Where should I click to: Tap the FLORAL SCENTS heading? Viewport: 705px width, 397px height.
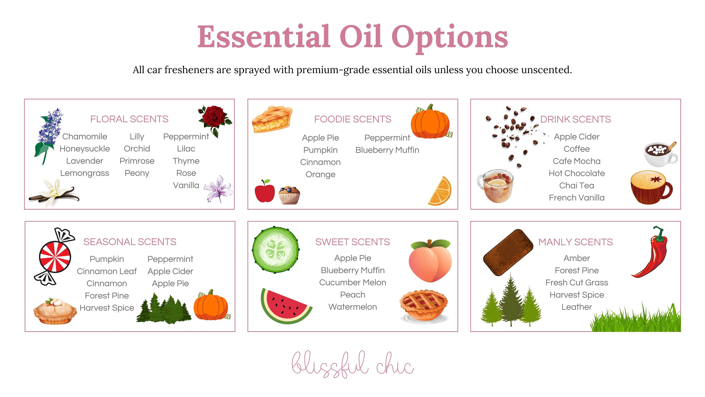(x=129, y=119)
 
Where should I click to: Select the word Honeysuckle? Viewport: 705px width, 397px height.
(x=85, y=149)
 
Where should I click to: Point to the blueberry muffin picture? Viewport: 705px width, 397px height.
(x=289, y=195)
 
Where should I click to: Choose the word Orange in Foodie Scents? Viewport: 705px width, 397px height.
(x=320, y=175)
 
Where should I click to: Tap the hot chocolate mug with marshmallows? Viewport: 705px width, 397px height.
(x=660, y=154)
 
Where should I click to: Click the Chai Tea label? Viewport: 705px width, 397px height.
(x=577, y=186)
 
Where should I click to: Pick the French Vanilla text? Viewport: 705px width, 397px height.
(x=577, y=198)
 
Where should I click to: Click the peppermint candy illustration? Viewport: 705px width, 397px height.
(x=55, y=257)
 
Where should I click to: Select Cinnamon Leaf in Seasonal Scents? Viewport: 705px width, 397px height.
(x=106, y=271)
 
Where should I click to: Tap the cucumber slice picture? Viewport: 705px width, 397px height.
(x=276, y=249)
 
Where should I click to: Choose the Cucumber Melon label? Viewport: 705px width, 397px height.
(x=352, y=282)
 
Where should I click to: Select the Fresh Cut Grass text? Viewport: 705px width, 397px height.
(x=577, y=282)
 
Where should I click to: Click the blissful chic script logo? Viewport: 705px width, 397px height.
(x=352, y=364)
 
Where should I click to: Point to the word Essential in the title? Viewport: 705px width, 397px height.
(x=264, y=37)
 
